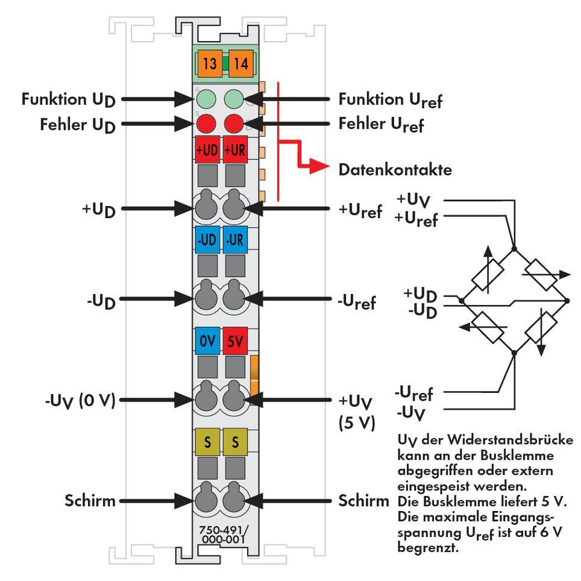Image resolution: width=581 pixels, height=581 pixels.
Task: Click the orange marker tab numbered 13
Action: (x=209, y=63)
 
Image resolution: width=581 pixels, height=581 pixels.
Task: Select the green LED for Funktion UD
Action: (x=207, y=98)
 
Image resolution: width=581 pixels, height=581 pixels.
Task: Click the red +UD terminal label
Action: (x=207, y=150)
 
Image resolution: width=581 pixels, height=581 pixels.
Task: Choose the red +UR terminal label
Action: (x=234, y=150)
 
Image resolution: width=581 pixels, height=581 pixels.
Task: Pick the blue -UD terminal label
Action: (x=207, y=240)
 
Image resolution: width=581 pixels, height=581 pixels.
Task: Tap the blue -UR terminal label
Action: (x=234, y=240)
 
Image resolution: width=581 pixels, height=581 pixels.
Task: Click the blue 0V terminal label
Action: (x=207, y=341)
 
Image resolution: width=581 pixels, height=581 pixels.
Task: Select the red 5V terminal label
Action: (x=234, y=341)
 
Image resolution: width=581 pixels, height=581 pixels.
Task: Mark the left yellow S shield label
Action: (x=207, y=442)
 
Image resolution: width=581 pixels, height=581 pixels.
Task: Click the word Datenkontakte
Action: (x=395, y=170)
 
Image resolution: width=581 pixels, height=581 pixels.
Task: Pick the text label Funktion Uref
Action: (x=390, y=99)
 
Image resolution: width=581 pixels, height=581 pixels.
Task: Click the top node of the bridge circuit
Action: (x=513, y=248)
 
